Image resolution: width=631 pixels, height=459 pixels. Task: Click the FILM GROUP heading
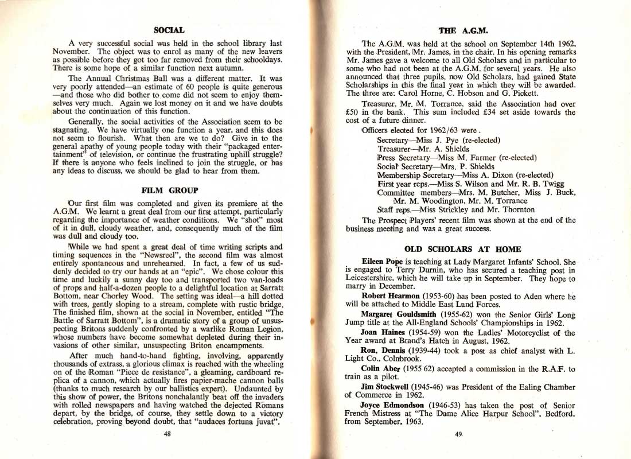coord(169,190)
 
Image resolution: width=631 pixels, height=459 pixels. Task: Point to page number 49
coord(458,434)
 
